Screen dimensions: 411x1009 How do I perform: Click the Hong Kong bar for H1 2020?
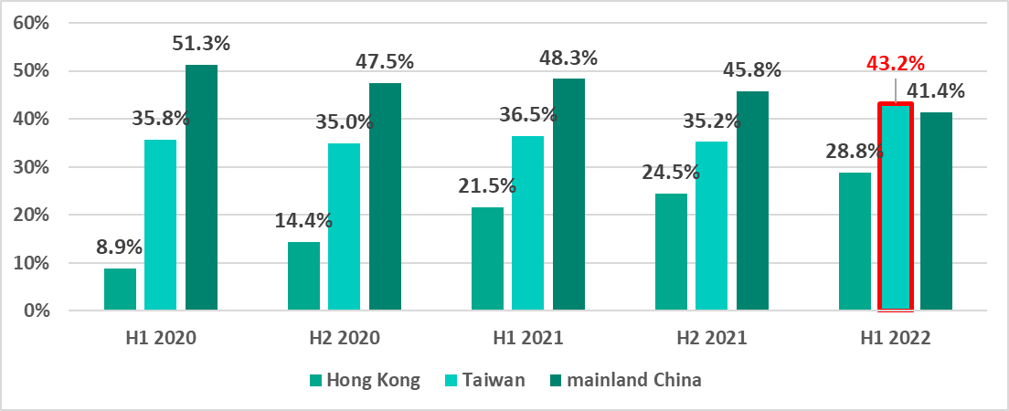120,290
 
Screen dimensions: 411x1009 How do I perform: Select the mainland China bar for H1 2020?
201,188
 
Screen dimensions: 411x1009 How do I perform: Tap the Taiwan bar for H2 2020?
345,227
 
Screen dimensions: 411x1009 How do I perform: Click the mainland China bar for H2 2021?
752,201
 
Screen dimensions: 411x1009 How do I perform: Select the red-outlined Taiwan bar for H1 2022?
896,207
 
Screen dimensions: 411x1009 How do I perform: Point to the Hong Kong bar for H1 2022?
855,242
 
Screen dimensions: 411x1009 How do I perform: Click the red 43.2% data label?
896,65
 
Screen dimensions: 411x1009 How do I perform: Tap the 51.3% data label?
201,43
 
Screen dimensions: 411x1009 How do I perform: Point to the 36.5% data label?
528,115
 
